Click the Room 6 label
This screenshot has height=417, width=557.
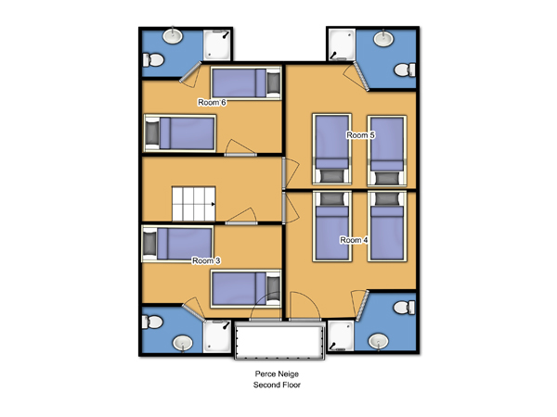pyautogui.click(x=212, y=103)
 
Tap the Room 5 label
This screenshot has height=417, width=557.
pyautogui.click(x=360, y=135)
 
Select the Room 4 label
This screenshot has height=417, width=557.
pyautogui.click(x=354, y=240)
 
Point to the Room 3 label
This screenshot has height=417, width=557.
pyautogui.click(x=206, y=260)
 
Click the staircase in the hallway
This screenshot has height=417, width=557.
pyautogui.click(x=194, y=204)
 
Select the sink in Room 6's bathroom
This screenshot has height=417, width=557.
pyautogui.click(x=173, y=36)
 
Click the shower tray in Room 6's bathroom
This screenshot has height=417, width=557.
pyautogui.click(x=217, y=45)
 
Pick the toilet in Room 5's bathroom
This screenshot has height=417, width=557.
pyautogui.click(x=405, y=69)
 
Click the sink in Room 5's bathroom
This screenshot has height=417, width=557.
pyautogui.click(x=384, y=38)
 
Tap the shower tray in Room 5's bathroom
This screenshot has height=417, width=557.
pyautogui.click(x=342, y=44)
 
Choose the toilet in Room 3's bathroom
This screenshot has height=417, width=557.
pyautogui.click(x=152, y=322)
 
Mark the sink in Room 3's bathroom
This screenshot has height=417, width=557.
pyautogui.click(x=183, y=343)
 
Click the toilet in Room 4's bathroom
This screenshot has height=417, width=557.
pyautogui.click(x=405, y=308)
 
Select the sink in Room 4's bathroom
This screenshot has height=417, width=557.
pyautogui.click(x=379, y=341)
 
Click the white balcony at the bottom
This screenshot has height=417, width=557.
pyautogui.click(x=279, y=341)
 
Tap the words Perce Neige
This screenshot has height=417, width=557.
pyautogui.click(x=277, y=373)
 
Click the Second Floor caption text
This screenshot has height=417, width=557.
pyautogui.click(x=277, y=385)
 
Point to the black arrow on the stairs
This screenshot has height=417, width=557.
pyautogui.click(x=214, y=204)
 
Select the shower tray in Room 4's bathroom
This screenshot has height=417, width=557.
pyautogui.click(x=341, y=336)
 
